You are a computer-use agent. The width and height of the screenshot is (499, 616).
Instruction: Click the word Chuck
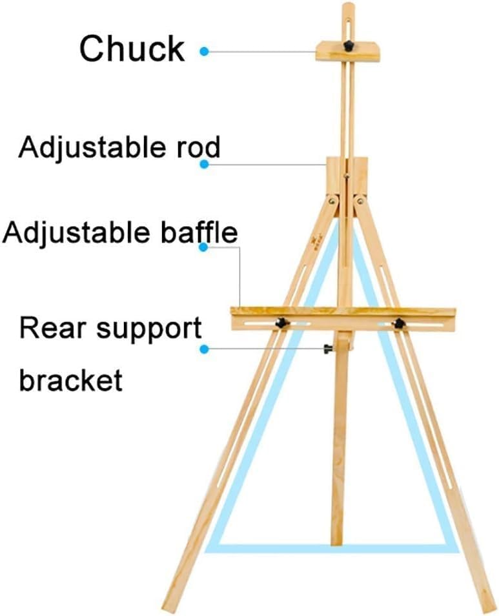pos(132,48)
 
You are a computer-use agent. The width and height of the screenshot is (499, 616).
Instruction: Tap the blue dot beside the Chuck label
pos(204,50)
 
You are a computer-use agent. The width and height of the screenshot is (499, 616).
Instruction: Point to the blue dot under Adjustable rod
pos(204,165)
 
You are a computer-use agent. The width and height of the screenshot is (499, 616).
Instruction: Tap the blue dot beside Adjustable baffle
pos(204,247)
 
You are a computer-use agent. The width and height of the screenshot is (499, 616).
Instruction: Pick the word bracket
pos(70,379)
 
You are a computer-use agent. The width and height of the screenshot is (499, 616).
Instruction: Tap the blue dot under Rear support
pos(204,349)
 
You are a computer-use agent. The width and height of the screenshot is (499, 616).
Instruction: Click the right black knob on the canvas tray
pos(399,322)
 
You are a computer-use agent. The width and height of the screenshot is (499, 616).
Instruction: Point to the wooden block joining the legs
pos(347,178)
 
